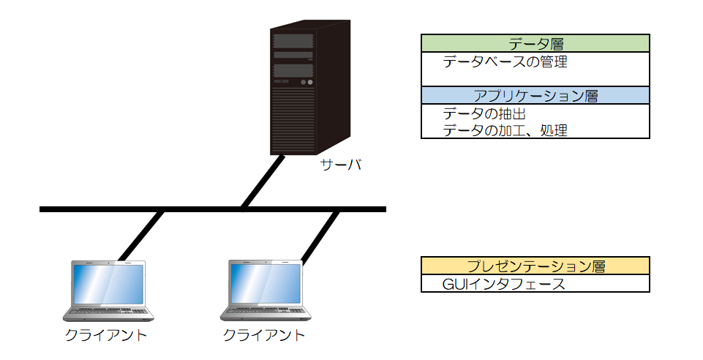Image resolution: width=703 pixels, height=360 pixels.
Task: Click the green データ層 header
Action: pyautogui.click(x=535, y=43)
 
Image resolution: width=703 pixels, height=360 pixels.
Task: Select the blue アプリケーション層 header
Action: pyautogui.click(x=535, y=96)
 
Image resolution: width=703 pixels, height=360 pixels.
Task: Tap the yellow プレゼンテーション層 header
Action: pyautogui.click(x=535, y=265)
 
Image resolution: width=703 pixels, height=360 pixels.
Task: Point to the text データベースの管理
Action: pyautogui.click(x=505, y=62)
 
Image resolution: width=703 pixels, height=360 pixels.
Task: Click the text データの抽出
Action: pyautogui.click(x=485, y=114)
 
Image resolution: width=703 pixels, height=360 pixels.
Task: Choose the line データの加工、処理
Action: pyautogui.click(x=505, y=130)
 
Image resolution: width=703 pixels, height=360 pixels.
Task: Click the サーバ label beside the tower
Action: pyautogui.click(x=341, y=165)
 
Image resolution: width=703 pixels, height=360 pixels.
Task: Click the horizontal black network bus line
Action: pyautogui.click(x=212, y=209)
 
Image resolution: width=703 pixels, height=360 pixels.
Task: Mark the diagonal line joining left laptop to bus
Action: pyautogui.click(x=141, y=235)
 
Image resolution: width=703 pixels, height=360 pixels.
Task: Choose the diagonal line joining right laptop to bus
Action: pyautogui.click(x=320, y=236)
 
